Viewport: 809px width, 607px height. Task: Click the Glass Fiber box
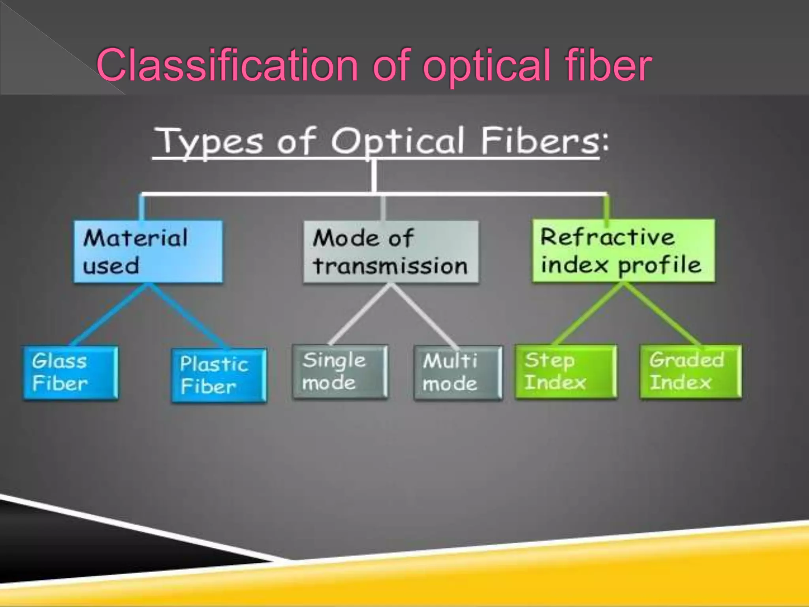[x=70, y=373]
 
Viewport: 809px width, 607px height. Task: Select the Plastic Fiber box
[x=219, y=375]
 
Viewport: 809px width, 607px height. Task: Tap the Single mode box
[x=340, y=372]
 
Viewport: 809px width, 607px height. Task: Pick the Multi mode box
[x=458, y=373]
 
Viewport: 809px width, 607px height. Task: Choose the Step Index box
[x=566, y=371]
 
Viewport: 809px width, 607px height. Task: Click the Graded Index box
[x=690, y=371]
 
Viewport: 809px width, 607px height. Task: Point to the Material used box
[x=148, y=251]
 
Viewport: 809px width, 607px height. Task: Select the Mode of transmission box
[x=391, y=252]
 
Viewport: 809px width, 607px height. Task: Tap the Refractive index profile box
[x=623, y=251]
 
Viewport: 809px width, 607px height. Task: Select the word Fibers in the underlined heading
[x=540, y=141]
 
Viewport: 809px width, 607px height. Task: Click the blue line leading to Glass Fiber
[x=111, y=314]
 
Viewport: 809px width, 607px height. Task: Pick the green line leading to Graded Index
[x=662, y=314]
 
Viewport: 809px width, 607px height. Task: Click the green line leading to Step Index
[x=589, y=314]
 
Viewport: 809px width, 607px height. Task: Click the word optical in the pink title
[x=486, y=65]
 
